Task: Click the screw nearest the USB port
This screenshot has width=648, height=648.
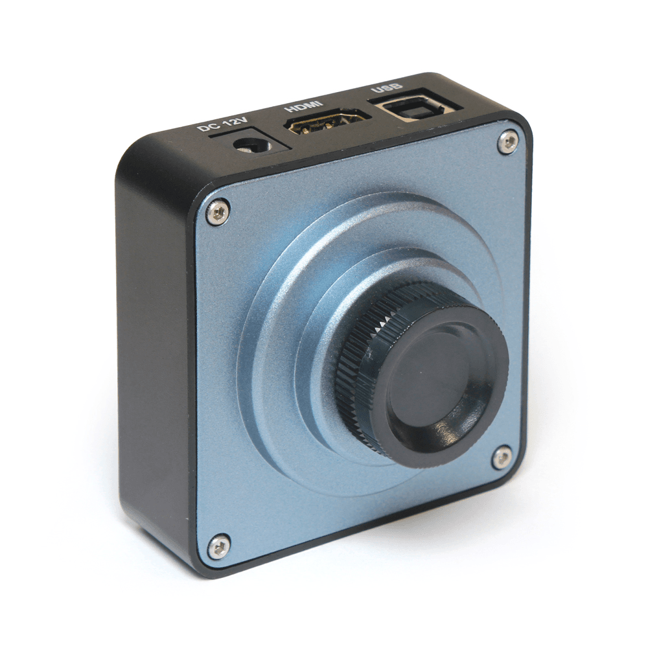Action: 509,142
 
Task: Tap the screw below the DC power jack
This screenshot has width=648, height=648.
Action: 218,213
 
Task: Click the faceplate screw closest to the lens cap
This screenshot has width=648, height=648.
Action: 502,457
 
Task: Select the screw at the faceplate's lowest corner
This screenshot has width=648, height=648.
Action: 218,548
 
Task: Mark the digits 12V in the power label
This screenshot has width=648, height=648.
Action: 222,122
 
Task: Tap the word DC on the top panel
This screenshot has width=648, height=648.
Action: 205,128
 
